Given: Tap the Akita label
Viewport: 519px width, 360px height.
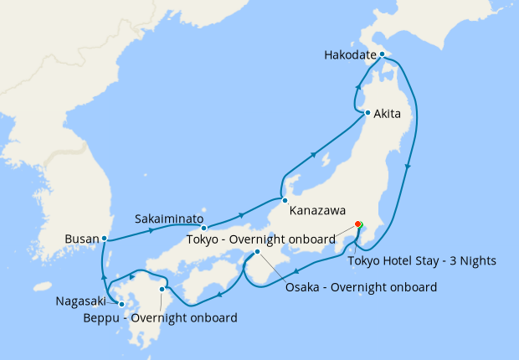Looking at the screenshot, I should tap(393, 113).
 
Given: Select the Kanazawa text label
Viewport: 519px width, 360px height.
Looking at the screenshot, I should tap(318, 211).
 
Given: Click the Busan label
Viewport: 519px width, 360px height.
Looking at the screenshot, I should tap(81, 239).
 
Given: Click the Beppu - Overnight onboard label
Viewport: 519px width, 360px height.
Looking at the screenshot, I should tap(159, 317).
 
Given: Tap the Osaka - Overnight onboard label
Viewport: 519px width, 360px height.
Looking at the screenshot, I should tap(361, 287).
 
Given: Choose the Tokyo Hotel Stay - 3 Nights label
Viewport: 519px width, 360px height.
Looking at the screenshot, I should tap(422, 260).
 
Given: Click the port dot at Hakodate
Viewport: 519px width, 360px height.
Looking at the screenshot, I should tap(382, 55).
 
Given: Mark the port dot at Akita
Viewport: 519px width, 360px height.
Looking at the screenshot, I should tap(367, 112).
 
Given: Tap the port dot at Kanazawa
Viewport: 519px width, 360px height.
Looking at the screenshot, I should tap(285, 200).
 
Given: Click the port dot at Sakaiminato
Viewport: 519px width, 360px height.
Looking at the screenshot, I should tap(203, 228).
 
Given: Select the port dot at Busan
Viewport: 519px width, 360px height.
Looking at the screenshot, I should tap(104, 239).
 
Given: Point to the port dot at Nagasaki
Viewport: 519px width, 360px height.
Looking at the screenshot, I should tap(122, 304).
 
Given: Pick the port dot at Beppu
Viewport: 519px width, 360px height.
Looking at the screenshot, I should tap(162, 290).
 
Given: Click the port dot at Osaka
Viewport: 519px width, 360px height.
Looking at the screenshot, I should tap(257, 252).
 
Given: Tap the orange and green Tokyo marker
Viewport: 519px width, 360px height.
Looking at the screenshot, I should tap(358, 224).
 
